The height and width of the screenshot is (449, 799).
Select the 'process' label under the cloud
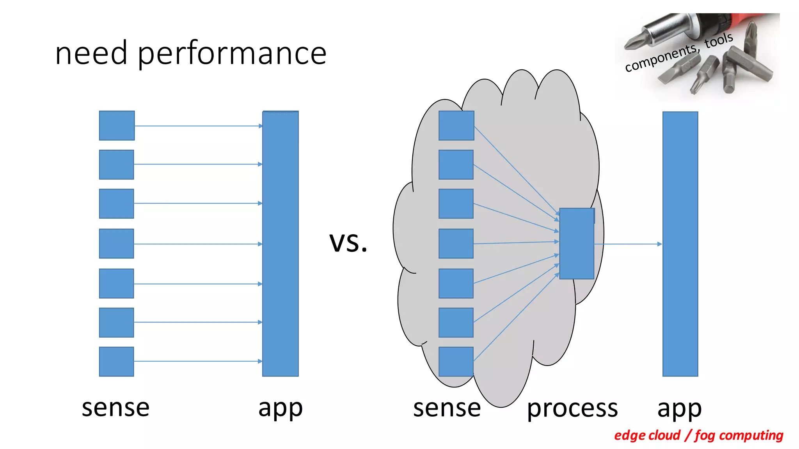(572, 408)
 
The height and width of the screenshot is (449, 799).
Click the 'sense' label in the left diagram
(115, 408)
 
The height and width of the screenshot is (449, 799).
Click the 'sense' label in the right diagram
(447, 408)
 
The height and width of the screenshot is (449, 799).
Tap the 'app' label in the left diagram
(280, 408)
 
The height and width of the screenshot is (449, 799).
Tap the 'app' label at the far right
(679, 408)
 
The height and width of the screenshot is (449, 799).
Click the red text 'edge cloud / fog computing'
(698, 435)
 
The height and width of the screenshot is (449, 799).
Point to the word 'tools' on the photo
(719, 40)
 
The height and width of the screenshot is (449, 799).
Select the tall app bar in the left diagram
(280, 244)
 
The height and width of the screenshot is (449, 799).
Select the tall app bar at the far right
(680, 244)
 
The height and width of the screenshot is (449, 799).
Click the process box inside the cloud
(577, 244)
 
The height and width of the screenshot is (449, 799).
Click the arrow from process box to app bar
(628, 244)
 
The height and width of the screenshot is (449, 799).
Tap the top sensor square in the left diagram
(117, 126)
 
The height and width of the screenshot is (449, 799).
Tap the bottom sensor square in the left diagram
(116, 361)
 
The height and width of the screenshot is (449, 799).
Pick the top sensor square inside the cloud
(456, 126)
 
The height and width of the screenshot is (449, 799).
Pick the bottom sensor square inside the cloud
(456, 361)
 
